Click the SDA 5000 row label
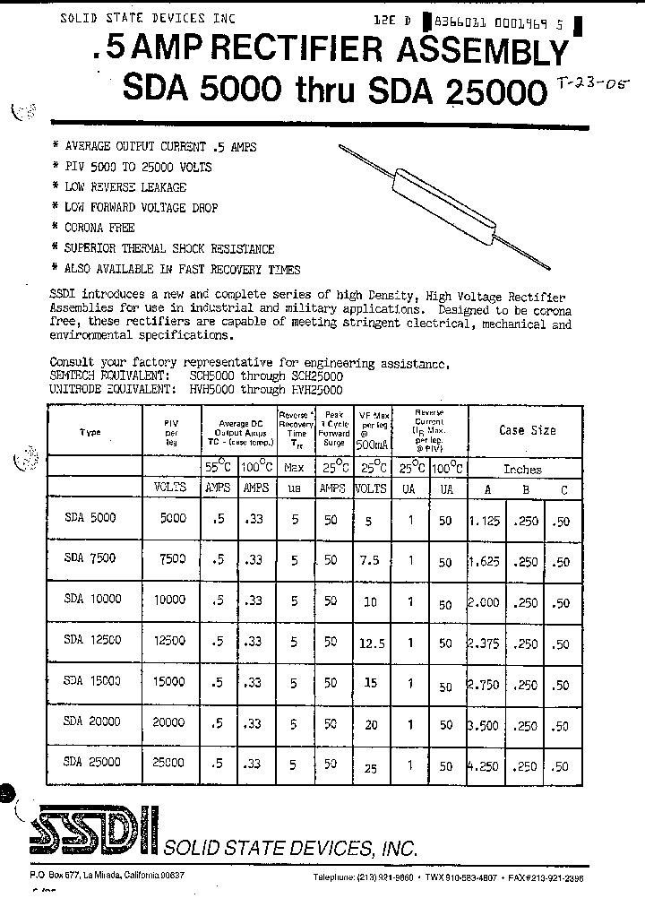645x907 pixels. (x=90, y=517)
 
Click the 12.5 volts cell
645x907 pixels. (x=370, y=643)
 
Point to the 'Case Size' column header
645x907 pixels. (x=527, y=430)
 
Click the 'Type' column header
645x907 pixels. (x=90, y=432)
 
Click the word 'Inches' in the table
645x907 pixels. (x=522, y=469)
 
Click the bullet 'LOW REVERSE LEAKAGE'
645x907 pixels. (x=125, y=187)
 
